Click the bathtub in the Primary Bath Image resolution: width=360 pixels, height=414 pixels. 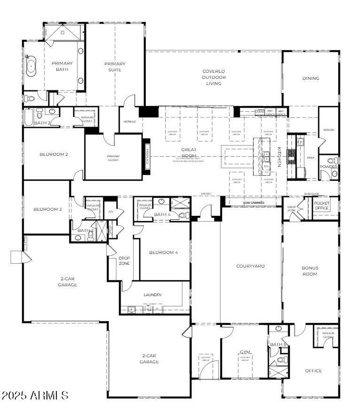click(x=31, y=67)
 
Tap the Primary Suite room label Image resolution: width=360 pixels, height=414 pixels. click(x=115, y=67)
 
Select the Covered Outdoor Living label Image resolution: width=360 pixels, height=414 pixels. click(x=214, y=77)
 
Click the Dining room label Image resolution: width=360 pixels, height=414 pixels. click(x=310, y=78)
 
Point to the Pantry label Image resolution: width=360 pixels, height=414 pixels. click(x=329, y=130)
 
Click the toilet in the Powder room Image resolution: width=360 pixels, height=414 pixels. click(x=334, y=174)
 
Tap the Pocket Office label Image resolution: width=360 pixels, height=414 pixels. click(x=322, y=206)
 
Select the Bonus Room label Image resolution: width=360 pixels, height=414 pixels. click(x=310, y=271)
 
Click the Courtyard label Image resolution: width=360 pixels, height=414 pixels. click(x=250, y=266)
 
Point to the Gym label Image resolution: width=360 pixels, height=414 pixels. click(x=245, y=352)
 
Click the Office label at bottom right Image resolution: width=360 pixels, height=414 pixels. click(x=314, y=371)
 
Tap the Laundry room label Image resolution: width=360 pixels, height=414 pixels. click(x=153, y=295)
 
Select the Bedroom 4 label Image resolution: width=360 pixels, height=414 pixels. click(x=163, y=253)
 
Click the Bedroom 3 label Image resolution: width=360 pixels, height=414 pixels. click(x=47, y=209)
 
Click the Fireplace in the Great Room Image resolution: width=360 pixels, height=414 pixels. click(x=146, y=156)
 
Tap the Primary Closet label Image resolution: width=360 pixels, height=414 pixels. click(x=113, y=158)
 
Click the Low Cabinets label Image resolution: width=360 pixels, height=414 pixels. click(x=253, y=203)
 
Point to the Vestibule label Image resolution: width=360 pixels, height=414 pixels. click(x=130, y=122)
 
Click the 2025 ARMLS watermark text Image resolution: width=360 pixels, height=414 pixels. click(x=35, y=395)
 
